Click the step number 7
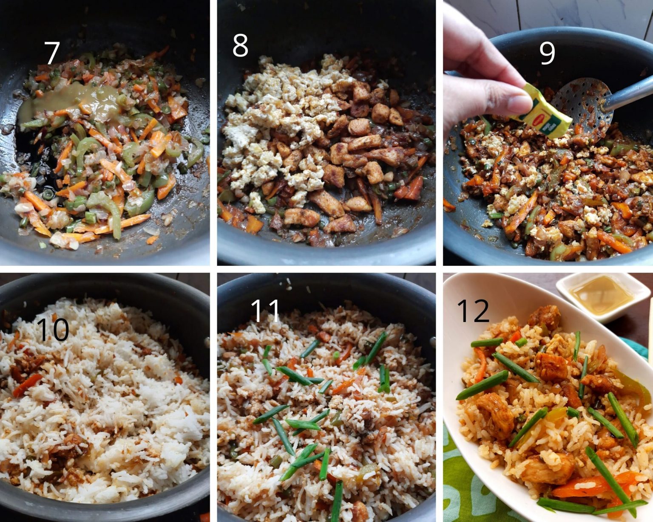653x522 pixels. coord(52,53)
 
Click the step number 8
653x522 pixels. coord(240,46)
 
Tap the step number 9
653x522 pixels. coord(547,53)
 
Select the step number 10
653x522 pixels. coord(52,330)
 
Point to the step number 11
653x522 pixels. coord(265,311)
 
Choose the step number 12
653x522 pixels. coord(473,311)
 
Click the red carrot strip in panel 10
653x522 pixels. coord(27,384)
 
